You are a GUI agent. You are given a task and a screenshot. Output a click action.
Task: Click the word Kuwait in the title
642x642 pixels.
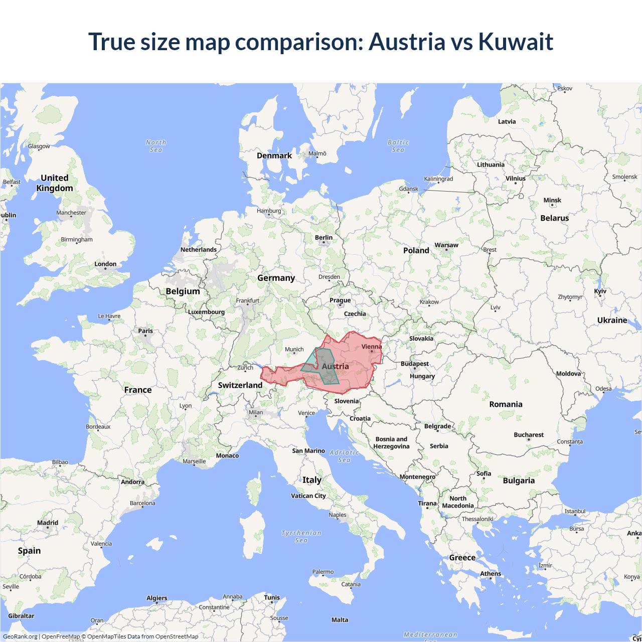pos(516,42)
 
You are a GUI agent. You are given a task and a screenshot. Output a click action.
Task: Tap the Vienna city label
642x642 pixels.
pos(372,347)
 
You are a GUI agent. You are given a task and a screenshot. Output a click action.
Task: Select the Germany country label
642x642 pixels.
pos(276,278)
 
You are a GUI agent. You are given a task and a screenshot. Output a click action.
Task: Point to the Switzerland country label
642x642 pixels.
pos(240,385)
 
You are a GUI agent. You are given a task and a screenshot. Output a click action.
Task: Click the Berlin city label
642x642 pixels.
pos(324,238)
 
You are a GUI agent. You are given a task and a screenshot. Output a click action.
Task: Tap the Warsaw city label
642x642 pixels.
pos(446,245)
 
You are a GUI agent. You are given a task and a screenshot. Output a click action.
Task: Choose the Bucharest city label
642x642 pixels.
pos(529,435)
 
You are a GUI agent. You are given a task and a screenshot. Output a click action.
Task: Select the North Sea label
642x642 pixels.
pos(156,146)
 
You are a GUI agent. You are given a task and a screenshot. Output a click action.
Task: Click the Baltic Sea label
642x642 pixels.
pos(398,146)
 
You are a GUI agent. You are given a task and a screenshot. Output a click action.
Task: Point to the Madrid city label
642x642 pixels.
pos(48,523)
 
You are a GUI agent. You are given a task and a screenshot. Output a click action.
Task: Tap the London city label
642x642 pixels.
pos(105,264)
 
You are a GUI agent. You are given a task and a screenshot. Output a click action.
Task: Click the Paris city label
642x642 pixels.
pos(145,331)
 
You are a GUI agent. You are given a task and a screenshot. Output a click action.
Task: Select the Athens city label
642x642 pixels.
pos(491,573)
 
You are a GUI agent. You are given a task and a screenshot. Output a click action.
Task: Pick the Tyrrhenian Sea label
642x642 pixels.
pos(301,536)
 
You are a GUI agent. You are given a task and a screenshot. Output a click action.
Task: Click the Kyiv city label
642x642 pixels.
pos(600,291)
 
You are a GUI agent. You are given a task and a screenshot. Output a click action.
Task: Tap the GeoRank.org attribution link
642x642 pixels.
pos(20,636)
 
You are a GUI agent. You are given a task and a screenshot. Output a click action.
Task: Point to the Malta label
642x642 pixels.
pos(340,620)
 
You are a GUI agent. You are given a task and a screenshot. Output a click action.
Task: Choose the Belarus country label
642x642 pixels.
pos(555,218)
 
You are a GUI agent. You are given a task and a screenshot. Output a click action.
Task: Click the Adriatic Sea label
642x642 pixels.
pos(345,456)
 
